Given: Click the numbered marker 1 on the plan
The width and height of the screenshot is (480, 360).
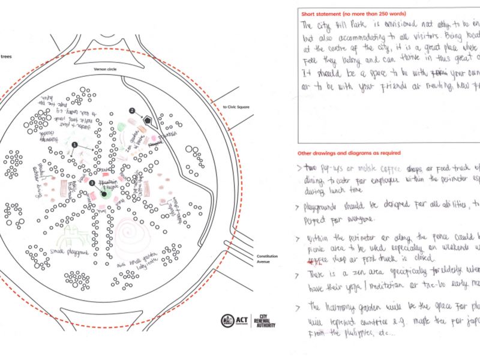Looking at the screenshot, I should point(74,145).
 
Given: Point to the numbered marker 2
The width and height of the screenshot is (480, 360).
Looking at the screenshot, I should point(133,110).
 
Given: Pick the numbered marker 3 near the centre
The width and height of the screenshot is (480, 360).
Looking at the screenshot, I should point(92,182).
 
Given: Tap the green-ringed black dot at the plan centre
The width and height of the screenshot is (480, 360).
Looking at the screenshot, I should point(104,194).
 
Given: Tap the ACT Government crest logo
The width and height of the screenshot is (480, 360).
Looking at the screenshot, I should point(228,320).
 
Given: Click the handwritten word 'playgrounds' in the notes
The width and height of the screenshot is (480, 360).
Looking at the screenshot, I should point(325,203).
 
